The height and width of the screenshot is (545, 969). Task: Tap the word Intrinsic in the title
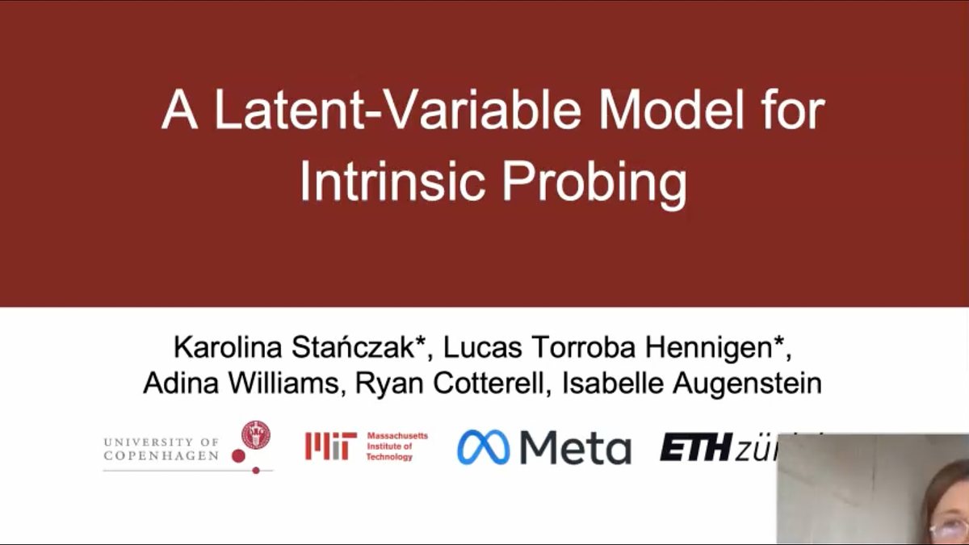coord(394,182)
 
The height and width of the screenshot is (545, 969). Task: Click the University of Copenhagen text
coord(161,449)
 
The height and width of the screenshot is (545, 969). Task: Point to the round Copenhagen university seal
coord(256,434)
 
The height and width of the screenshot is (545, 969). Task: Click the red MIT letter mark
coord(331,446)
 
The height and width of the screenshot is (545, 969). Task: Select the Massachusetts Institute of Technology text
coord(396,446)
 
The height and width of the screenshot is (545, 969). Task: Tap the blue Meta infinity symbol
coord(483,446)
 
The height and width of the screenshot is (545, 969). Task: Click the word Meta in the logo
coord(575,447)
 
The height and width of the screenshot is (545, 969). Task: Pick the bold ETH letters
coord(696,447)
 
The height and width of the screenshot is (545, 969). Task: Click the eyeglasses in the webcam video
coord(947,529)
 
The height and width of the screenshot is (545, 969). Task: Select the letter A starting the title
coord(179,111)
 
